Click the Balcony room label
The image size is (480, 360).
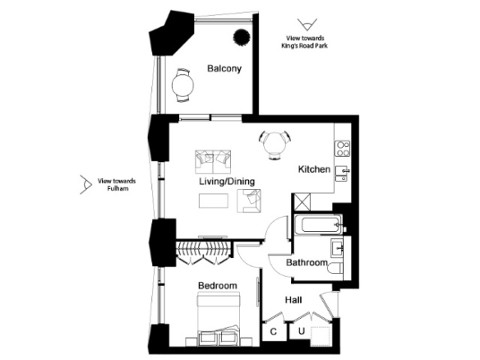[224, 68]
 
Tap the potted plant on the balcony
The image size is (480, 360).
[242, 37]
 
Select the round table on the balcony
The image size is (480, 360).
[182, 85]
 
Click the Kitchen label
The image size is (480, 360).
[314, 169]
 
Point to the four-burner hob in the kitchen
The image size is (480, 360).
[343, 149]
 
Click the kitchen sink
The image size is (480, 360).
[343, 173]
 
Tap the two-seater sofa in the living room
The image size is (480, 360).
[213, 162]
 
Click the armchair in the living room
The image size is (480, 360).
[249, 201]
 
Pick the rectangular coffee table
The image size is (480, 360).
[214, 201]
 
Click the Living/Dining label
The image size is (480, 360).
[227, 182]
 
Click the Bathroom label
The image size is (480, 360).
[307, 262]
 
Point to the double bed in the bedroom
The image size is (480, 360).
[219, 319]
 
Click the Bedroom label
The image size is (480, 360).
[218, 285]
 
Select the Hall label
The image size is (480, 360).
[293, 300]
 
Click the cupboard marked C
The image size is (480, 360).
[275, 330]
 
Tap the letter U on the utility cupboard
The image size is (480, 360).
[302, 331]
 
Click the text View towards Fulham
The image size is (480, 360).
[117, 185]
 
